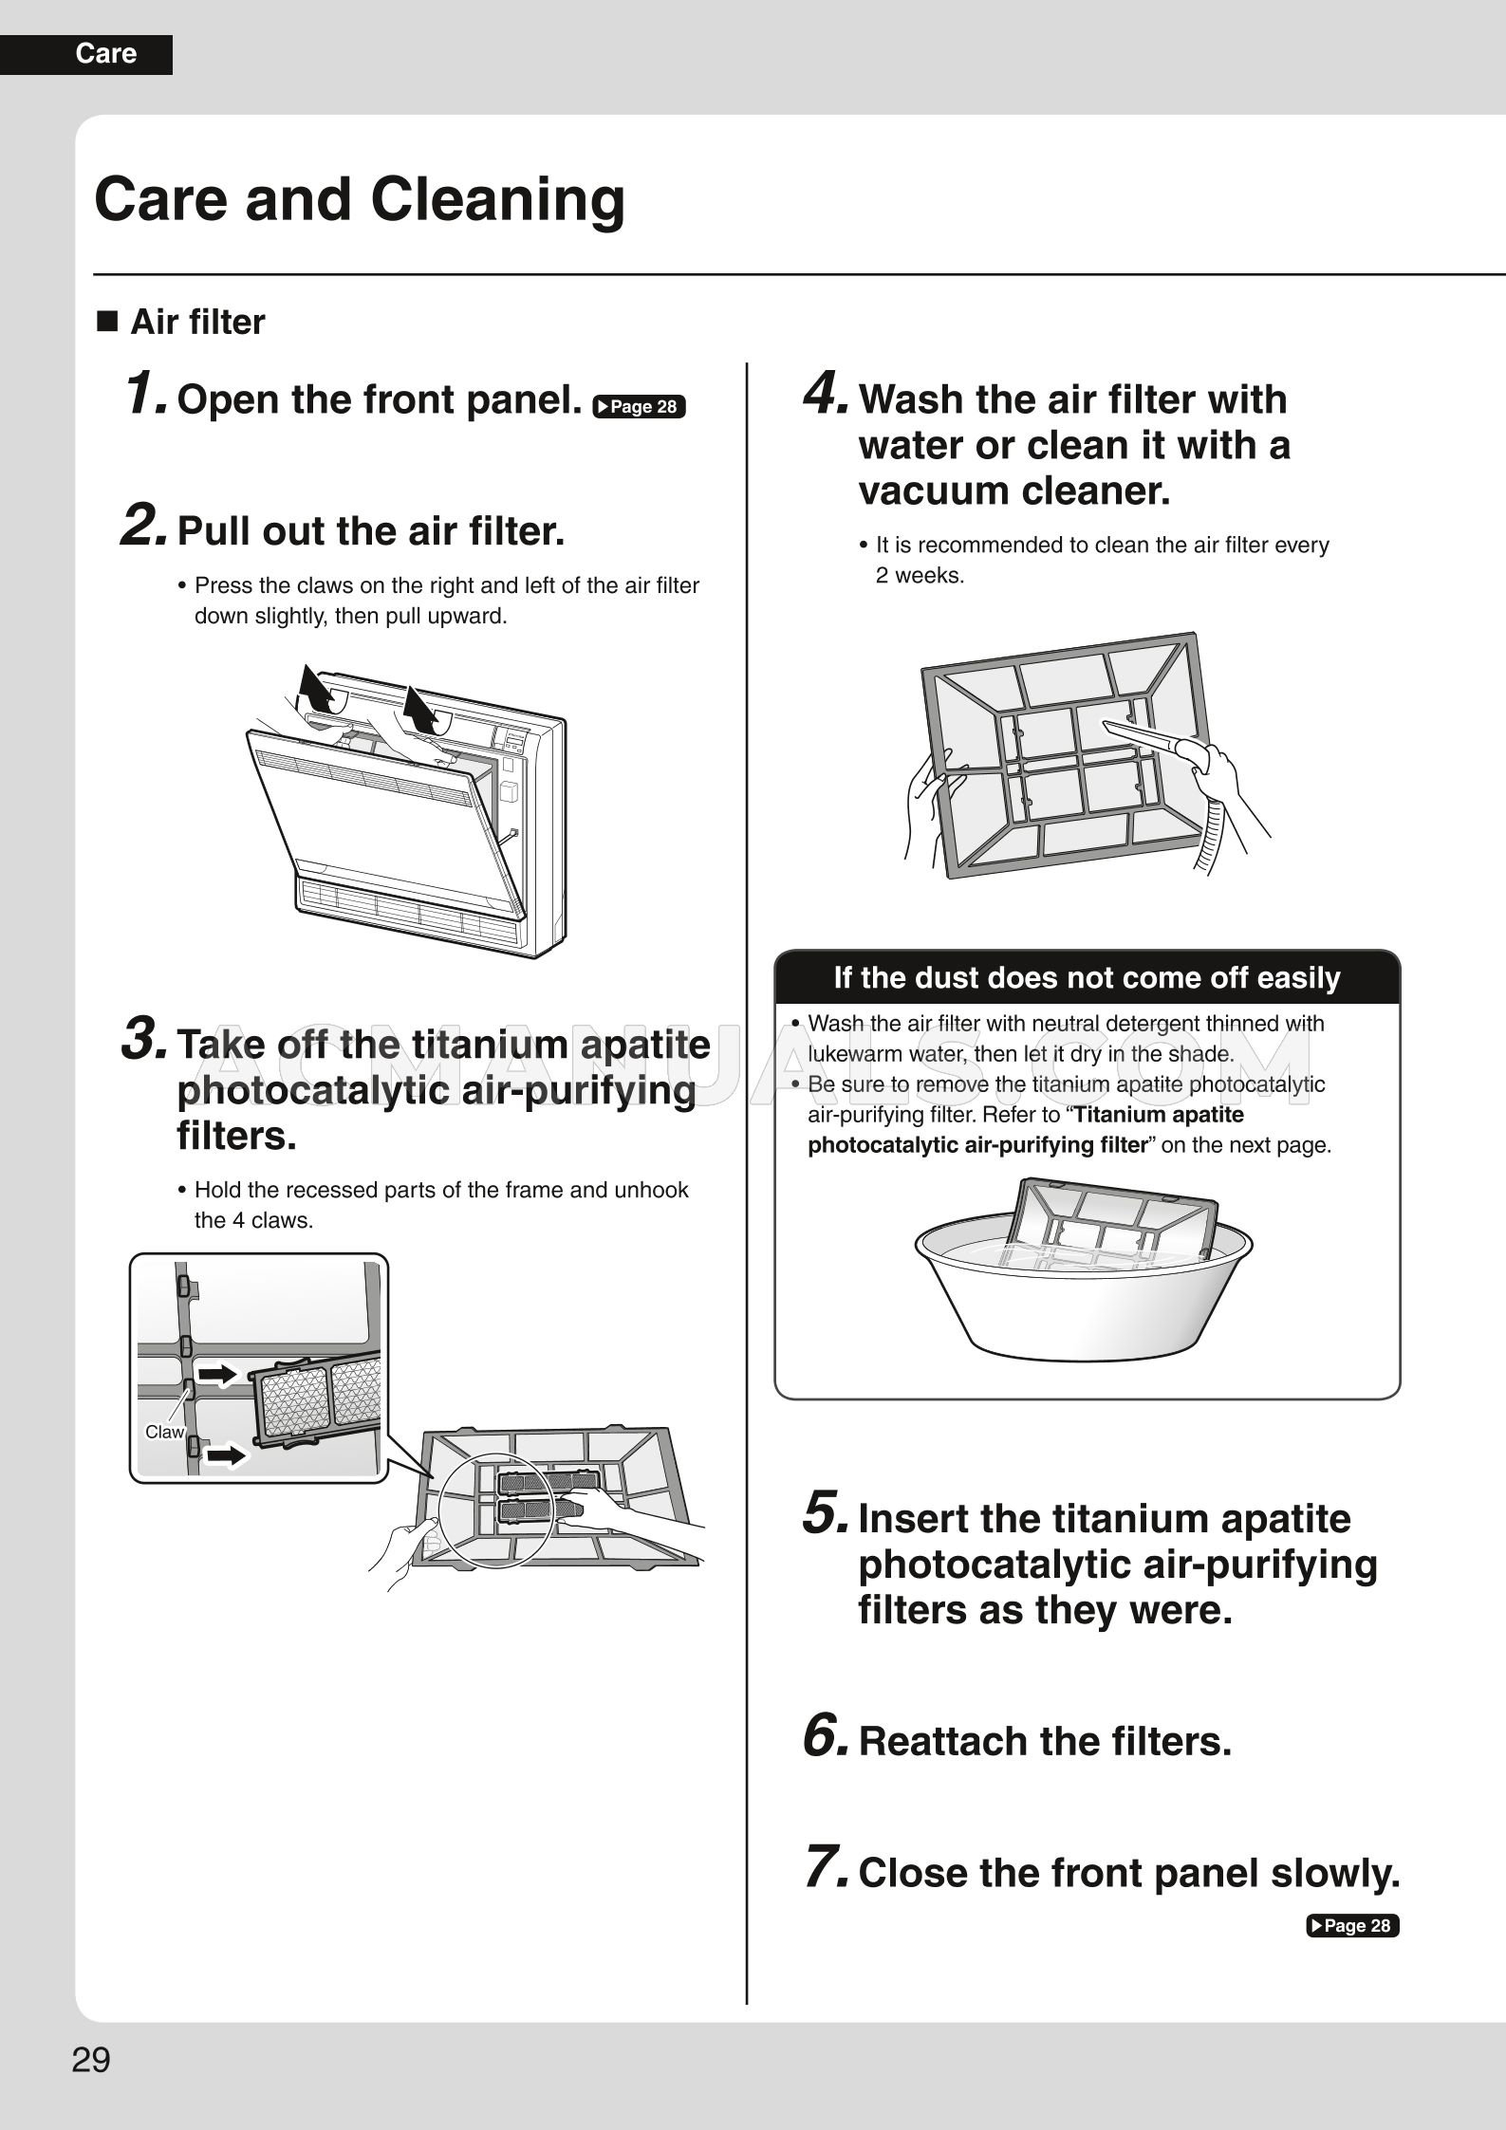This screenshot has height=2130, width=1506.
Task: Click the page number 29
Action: click(x=91, y=2061)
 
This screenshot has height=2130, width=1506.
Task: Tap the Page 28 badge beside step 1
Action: click(x=638, y=407)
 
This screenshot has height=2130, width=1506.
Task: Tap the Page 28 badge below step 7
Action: click(x=1352, y=1925)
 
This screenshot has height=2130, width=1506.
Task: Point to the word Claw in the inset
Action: click(x=164, y=1433)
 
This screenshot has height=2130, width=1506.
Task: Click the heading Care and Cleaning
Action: click(x=360, y=199)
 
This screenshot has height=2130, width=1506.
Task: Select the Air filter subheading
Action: click(x=197, y=323)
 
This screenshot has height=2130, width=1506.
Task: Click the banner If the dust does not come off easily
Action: click(x=1087, y=977)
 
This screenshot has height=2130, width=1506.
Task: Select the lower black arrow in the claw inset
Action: click(x=226, y=1454)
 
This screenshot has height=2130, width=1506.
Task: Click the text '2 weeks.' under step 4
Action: click(x=919, y=576)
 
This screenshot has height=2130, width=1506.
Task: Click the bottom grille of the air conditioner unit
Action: click(x=408, y=913)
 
